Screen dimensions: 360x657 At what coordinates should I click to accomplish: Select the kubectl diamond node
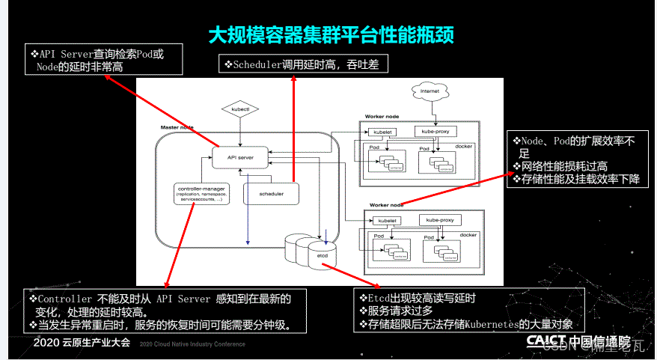click(239, 109)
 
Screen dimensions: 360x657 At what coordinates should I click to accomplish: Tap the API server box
click(240, 158)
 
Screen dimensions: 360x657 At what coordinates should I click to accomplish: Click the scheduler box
click(271, 193)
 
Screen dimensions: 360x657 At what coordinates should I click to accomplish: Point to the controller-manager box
click(201, 195)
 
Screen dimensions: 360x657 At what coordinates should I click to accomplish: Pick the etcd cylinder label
click(323, 257)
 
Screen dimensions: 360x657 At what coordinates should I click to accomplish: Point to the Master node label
click(177, 128)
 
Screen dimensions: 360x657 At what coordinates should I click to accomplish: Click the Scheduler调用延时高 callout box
click(303, 65)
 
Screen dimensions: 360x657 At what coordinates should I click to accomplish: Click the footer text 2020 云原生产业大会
click(82, 343)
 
